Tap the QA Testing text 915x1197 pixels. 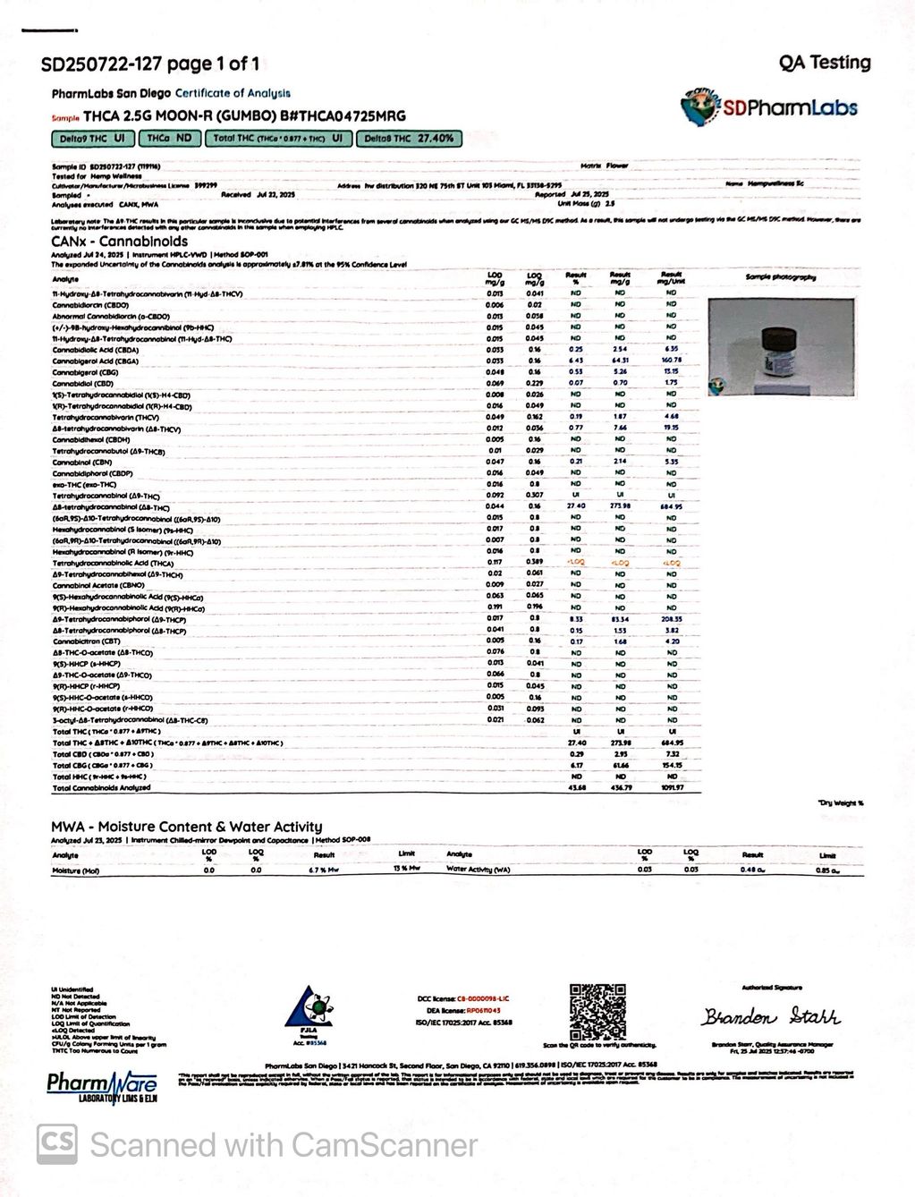tap(824, 63)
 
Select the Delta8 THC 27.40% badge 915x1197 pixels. tap(410, 139)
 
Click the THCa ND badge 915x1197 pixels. tap(169, 139)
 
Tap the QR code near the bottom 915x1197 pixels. tap(597, 1012)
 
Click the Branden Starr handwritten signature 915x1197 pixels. tap(770, 1017)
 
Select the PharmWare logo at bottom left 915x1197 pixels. tap(102, 1087)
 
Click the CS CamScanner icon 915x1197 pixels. tap(56, 1144)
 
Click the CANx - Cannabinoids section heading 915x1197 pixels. tap(119, 242)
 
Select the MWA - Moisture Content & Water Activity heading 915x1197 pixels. tap(186, 827)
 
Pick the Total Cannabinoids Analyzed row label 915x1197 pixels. tap(101, 788)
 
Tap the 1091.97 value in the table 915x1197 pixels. tap(671, 788)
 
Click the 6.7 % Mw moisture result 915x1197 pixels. tap(323, 870)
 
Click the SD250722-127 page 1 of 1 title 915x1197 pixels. tap(150, 64)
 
